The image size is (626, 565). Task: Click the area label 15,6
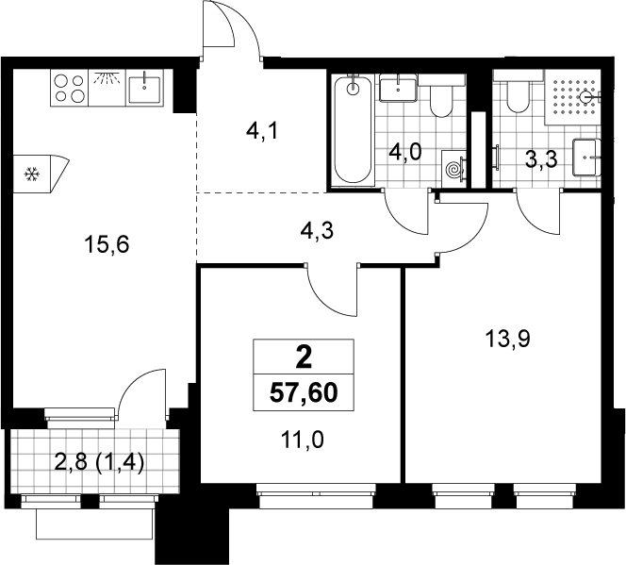click(107, 244)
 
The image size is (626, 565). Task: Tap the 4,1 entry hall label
click(262, 131)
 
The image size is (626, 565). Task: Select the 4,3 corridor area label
click(317, 231)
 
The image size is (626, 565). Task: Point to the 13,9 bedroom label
click(507, 340)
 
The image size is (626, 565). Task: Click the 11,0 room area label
click(303, 440)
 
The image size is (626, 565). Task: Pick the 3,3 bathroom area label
click(541, 160)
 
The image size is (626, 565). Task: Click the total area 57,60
click(304, 393)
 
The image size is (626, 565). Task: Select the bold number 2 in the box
click(304, 357)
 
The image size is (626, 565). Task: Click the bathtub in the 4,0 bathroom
click(353, 130)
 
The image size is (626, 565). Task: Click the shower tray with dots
click(572, 98)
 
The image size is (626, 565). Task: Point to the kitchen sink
click(144, 89)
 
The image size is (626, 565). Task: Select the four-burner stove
click(70, 88)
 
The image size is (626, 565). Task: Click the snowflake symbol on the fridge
click(31, 174)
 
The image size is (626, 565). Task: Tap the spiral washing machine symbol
click(453, 169)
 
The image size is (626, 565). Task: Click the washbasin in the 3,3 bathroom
click(586, 158)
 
